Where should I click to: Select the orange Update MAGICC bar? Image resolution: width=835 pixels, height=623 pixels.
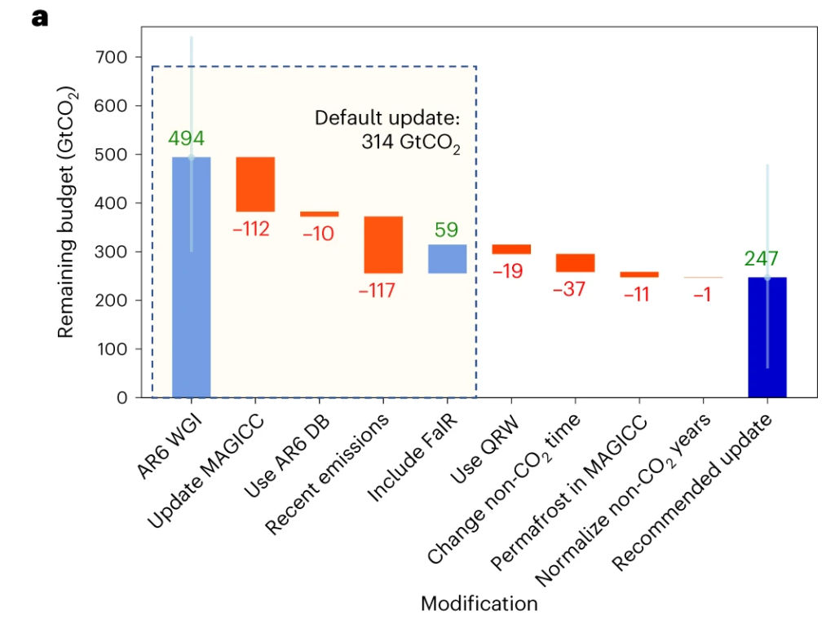click(x=255, y=184)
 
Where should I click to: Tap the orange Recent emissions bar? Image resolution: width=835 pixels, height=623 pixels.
click(x=383, y=244)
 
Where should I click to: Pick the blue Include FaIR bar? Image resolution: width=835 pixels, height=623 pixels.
click(x=447, y=258)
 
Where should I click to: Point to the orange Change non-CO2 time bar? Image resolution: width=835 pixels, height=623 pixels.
click(x=575, y=262)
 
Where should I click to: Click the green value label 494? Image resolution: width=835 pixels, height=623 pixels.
click(x=186, y=138)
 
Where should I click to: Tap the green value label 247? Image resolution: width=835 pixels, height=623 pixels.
click(x=761, y=260)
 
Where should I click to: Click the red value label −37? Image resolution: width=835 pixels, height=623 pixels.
click(x=568, y=288)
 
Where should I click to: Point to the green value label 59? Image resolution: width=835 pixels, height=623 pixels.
click(x=446, y=230)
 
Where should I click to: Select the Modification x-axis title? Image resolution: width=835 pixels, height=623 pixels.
click(x=479, y=603)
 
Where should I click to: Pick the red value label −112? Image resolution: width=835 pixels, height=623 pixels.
click(x=251, y=230)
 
